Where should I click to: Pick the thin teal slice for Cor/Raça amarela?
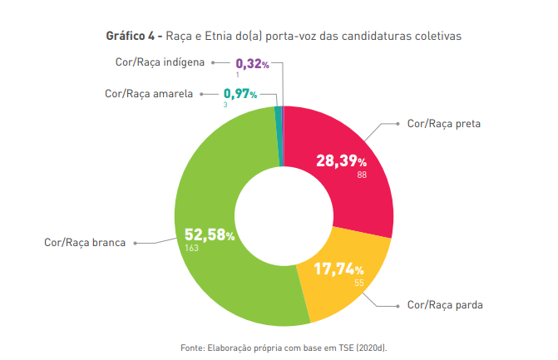click(279, 133)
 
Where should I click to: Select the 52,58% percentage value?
click(205, 234)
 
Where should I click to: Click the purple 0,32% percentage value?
click(252, 63)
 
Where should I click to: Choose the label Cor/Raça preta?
click(444, 124)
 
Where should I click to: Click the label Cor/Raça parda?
click(445, 305)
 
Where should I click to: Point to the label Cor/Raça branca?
click(85, 243)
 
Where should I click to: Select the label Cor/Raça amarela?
click(149, 94)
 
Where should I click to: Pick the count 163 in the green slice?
click(192, 248)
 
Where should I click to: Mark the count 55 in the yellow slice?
click(359, 283)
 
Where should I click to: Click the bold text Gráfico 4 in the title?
click(131, 37)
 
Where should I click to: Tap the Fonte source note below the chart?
click(284, 346)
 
